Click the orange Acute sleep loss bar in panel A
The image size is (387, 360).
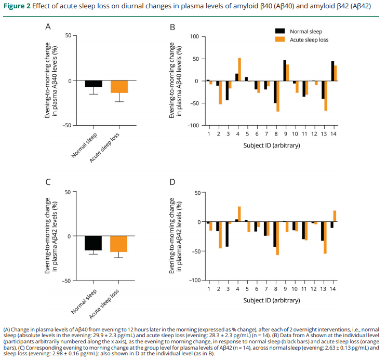(118, 87)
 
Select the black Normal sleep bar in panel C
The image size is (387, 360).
(94, 243)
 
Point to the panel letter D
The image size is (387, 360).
(172, 182)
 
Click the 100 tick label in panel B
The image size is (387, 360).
(194, 36)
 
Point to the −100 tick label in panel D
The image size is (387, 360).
(193, 281)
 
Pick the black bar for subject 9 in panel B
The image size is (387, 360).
(285, 71)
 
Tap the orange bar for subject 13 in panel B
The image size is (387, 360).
(326, 96)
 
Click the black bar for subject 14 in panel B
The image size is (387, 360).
(332, 71)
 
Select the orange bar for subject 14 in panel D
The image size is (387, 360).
(335, 216)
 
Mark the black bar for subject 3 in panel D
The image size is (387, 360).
(227, 234)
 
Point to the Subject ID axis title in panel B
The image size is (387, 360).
(272, 145)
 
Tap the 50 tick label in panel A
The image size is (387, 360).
(68, 35)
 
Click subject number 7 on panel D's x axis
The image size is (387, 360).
(266, 289)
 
